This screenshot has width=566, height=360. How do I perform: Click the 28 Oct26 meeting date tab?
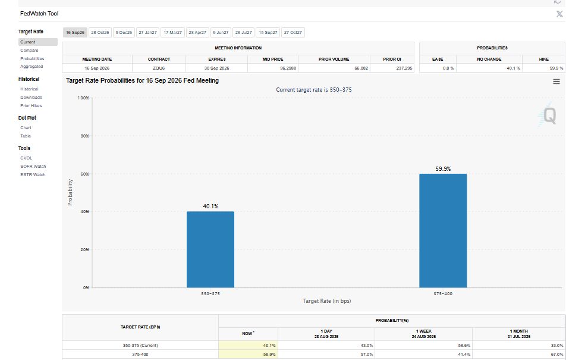coord(100,33)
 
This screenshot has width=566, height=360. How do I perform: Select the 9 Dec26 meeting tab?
coord(124,33)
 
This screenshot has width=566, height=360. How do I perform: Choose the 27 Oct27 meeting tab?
coord(293,33)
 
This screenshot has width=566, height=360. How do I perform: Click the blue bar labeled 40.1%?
coord(210,249)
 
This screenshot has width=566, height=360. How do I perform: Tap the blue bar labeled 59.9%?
coord(443,231)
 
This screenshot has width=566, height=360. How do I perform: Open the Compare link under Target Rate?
coord(29,50)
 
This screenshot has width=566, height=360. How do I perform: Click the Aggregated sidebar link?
coord(32,67)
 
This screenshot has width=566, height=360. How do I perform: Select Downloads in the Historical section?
coord(31,97)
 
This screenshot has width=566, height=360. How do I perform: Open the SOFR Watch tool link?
coord(33,166)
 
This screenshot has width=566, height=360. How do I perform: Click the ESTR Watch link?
coord(33,174)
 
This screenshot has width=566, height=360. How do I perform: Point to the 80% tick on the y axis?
coord(84,136)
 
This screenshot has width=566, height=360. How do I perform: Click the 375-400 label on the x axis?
coord(443,293)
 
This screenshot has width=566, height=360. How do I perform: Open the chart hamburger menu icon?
coord(556,82)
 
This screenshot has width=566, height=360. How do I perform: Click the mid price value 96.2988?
coord(288,68)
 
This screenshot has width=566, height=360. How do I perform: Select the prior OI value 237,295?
coord(404,68)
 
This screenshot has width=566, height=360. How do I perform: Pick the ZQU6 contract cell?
coord(159,68)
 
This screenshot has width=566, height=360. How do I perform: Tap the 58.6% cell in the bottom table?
coord(464,345)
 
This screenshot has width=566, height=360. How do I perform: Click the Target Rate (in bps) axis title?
coord(326,300)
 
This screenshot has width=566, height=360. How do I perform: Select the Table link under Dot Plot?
coord(26,136)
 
